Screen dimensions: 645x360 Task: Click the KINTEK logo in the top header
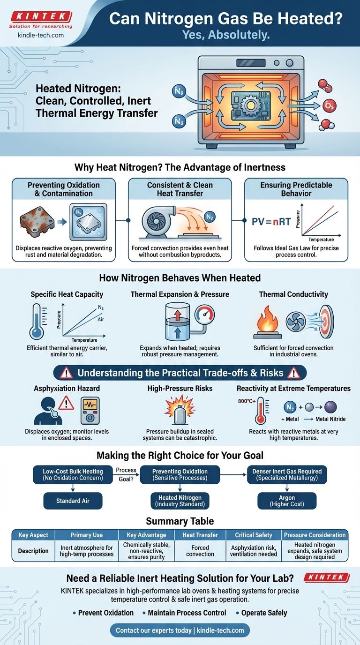coord(41,17)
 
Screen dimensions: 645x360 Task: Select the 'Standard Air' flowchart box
coord(73,501)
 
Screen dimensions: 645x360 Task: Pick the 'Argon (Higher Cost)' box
coord(287,501)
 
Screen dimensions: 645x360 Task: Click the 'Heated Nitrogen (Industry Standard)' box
coord(180,501)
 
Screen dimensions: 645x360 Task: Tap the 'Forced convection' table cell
coord(200,551)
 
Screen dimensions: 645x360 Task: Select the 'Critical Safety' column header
coord(254,535)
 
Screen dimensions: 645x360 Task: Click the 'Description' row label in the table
coord(34,551)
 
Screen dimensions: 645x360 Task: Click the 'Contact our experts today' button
coord(180,630)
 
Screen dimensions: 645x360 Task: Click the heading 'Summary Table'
coord(180,521)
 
